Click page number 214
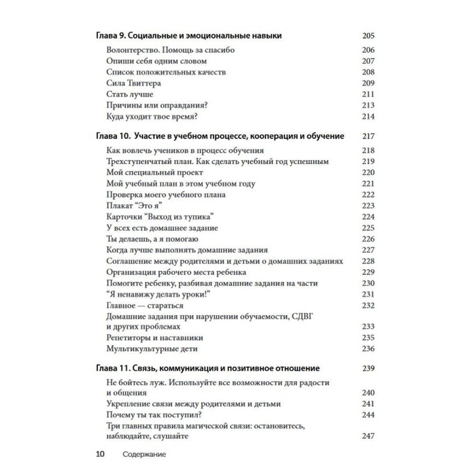(x=368, y=117)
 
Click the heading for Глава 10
(x=220, y=136)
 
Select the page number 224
(x=368, y=217)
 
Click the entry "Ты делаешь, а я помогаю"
(x=153, y=239)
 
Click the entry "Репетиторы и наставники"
(x=155, y=338)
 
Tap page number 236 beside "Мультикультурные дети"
(x=368, y=349)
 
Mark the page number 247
(x=368, y=436)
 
